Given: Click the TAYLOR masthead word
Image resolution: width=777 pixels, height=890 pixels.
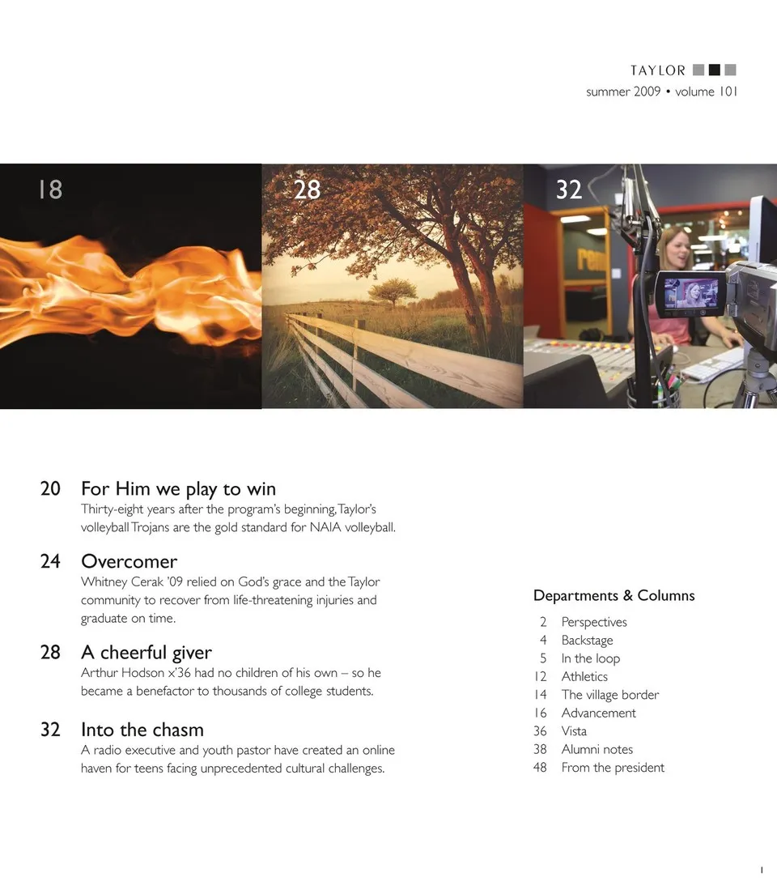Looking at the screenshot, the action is (x=658, y=70).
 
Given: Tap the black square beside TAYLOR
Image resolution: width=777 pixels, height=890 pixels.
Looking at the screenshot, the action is (x=715, y=70).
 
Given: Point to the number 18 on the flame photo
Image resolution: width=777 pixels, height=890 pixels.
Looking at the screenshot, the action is (x=50, y=189).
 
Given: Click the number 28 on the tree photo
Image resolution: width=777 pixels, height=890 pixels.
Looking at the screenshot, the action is (x=308, y=189).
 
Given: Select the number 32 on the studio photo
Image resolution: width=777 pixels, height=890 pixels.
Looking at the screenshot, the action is (x=569, y=189).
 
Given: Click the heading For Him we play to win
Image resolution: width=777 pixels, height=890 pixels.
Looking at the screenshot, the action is (x=178, y=489).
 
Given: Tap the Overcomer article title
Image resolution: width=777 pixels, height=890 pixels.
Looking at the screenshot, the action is (x=129, y=561).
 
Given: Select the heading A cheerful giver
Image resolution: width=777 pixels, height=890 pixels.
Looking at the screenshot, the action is (x=146, y=653).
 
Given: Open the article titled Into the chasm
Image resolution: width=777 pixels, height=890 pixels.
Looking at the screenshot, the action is (x=142, y=730).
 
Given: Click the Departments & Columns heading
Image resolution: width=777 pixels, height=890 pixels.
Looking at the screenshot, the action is (x=614, y=595).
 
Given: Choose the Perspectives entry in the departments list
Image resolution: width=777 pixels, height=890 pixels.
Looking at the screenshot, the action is (x=594, y=622).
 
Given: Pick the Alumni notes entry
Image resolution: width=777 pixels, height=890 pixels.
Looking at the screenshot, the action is (x=597, y=749).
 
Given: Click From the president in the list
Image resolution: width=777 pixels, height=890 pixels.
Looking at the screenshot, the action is (x=613, y=768).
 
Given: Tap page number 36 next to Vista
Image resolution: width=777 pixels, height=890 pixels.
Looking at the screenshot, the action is (x=540, y=731).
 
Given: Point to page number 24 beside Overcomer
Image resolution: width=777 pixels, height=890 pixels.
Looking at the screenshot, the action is (x=50, y=561).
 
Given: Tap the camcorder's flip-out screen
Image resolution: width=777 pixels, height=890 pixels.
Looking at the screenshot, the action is (x=691, y=294).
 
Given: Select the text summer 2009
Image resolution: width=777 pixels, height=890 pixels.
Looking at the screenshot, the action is (x=623, y=92).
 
